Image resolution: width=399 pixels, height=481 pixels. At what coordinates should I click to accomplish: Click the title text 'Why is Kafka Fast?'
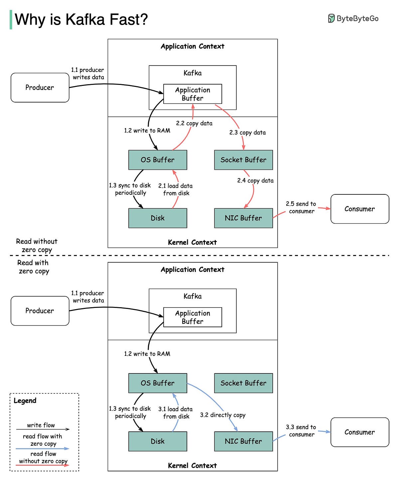coord(81,20)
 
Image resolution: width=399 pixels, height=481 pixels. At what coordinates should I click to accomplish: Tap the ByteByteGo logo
coord(353,18)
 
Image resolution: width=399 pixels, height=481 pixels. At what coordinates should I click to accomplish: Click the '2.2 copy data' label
coord(194,123)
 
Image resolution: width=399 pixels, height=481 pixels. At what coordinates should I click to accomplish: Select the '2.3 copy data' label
coord(247,132)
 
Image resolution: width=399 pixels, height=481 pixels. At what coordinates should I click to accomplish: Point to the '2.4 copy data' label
coord(255,180)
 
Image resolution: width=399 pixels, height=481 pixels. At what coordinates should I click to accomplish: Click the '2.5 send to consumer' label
coord(301,207)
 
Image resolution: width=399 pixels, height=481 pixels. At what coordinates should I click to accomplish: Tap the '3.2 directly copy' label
coord(222,415)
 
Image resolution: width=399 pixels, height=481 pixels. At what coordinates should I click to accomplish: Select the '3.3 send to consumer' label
coord(301,431)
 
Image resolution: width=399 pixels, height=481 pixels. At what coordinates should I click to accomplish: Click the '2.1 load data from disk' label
coord(175,189)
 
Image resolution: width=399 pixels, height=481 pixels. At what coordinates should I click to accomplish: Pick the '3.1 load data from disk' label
coord(175,413)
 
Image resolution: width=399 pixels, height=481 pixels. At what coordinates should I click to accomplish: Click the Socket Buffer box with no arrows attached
coord(243,383)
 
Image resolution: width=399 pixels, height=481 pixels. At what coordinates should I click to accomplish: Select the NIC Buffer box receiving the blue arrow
coord(243,441)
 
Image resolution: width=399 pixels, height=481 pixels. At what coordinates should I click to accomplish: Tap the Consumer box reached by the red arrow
coord(360,209)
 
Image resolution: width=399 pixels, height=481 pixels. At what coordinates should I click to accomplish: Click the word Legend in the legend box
coord(25,400)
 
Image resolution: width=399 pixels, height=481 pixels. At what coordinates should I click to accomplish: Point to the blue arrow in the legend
coord(42,449)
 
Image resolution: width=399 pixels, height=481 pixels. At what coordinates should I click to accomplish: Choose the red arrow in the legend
coord(42,465)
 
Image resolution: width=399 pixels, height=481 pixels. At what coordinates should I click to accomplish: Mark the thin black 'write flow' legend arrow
coord(43,429)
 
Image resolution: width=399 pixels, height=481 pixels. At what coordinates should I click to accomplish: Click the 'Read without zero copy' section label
coord(37,245)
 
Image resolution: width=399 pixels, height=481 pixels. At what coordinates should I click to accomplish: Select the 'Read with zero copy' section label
coord(33,267)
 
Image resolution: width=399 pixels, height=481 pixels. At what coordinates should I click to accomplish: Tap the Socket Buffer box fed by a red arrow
coord(243,160)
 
